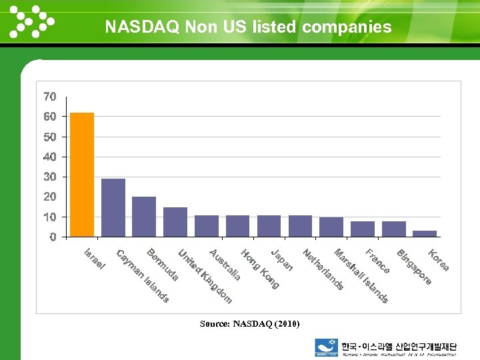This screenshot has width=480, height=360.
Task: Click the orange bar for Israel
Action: click(x=82, y=175)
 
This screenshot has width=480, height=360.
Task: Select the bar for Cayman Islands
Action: click(x=113, y=207)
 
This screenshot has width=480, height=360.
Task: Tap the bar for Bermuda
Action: click(x=144, y=217)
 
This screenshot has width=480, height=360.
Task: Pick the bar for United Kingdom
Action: click(x=175, y=222)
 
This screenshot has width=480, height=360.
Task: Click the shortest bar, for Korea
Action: click(x=425, y=233)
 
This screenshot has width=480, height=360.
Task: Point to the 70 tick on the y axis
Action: click(x=50, y=97)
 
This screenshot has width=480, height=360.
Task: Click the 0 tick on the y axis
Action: click(x=53, y=237)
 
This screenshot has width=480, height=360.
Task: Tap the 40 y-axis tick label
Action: click(x=50, y=157)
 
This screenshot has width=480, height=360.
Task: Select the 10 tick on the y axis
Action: click(x=50, y=217)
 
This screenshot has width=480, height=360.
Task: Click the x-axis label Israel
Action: click(x=94, y=259)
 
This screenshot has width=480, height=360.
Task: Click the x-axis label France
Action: click(x=377, y=261)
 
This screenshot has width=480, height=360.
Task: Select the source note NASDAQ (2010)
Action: click(x=249, y=324)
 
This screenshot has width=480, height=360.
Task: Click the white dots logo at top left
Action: click(x=31, y=21)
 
